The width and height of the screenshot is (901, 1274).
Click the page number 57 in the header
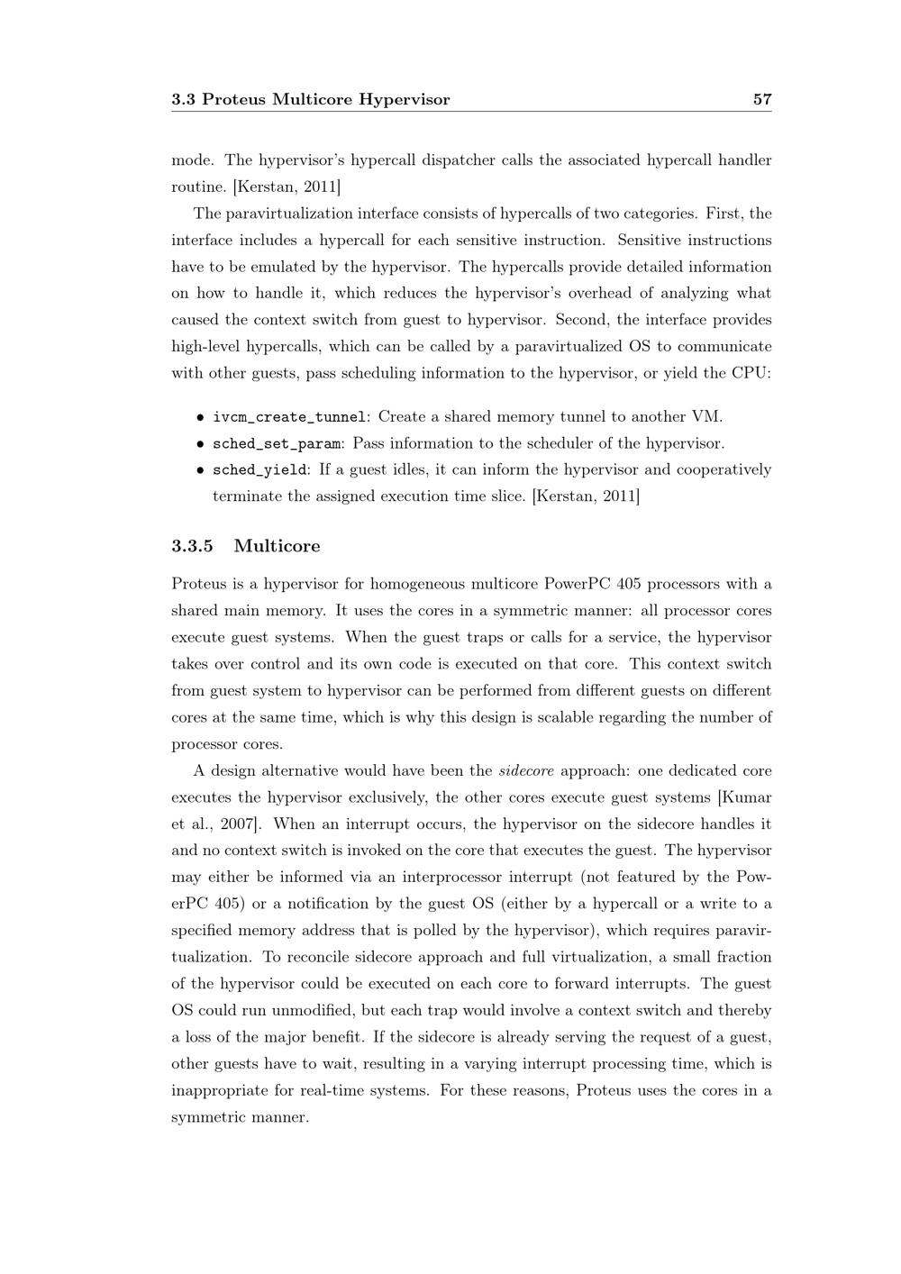[x=762, y=99]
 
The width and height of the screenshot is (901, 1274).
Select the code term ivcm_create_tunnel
[x=289, y=416]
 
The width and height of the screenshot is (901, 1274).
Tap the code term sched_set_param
[x=277, y=443]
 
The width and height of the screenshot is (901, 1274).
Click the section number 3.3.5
[x=192, y=546]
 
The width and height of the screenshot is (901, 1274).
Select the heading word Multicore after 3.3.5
[x=277, y=546]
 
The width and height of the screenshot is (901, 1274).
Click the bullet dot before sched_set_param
[x=199, y=443]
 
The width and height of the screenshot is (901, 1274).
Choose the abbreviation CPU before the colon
[x=749, y=373]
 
